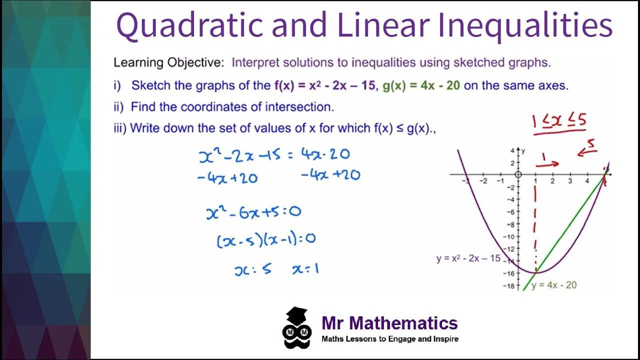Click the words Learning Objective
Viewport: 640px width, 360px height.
pos(168,63)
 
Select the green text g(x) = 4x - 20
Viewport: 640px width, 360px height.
pos(421,85)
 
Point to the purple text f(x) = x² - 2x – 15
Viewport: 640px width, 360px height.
pos(324,85)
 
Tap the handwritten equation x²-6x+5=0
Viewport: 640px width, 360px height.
pos(253,212)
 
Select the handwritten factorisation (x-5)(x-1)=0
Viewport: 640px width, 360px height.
pos(265,239)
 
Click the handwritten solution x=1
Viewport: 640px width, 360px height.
pos(305,269)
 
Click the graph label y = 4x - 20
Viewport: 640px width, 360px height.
pos(554,285)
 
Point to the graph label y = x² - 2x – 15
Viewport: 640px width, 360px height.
pos(468,258)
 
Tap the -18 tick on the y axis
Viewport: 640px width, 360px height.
pos(509,286)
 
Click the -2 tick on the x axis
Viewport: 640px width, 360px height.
pos(483,181)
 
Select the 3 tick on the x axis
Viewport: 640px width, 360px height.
pos(570,181)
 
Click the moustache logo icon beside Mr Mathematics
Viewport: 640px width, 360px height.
pos(297,328)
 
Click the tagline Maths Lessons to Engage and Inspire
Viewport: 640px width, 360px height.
pos(389,339)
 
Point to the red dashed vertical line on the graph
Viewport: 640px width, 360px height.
pos(535,220)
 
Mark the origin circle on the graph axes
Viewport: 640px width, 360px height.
pos(518,174)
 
